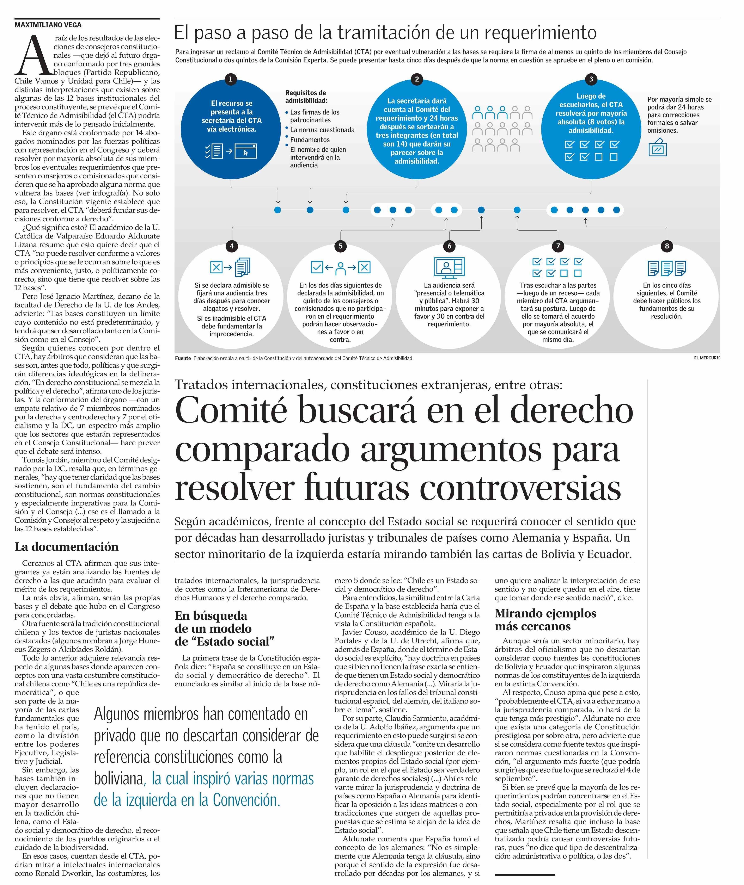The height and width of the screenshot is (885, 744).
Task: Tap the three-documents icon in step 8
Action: click(667, 268)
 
